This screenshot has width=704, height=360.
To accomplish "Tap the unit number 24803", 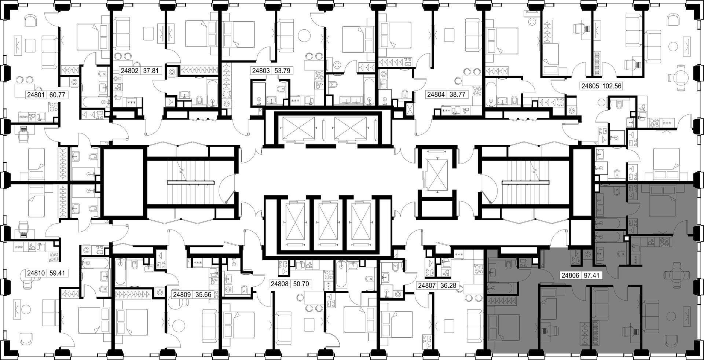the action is (x=260, y=71).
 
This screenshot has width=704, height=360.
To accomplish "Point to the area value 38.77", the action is (x=457, y=94).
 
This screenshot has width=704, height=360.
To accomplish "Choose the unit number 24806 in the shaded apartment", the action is (x=571, y=275).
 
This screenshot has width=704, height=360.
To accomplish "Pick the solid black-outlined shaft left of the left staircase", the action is (x=125, y=182).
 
